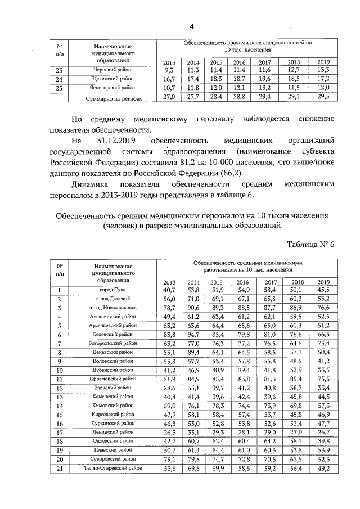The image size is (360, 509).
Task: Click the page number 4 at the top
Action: [191, 26]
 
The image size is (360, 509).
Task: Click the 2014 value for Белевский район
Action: [193, 335]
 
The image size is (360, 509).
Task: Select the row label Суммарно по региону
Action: [112, 98]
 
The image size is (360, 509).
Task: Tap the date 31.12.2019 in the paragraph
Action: [118, 140]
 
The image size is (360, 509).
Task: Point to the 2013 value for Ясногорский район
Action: [169, 88]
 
